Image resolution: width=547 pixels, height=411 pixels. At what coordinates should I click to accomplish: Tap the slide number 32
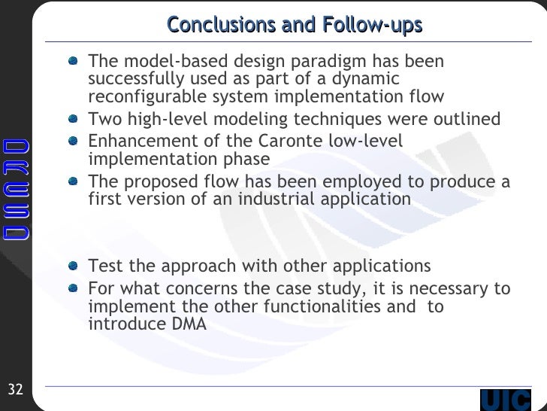pyautogui.click(x=16, y=389)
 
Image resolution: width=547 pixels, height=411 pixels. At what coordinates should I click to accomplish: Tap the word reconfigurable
pyautogui.click(x=142, y=96)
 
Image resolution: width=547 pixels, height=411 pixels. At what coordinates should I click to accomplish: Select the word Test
pyautogui.click(x=104, y=266)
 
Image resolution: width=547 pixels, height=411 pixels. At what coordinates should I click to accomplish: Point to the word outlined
pyautogui.click(x=469, y=119)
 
